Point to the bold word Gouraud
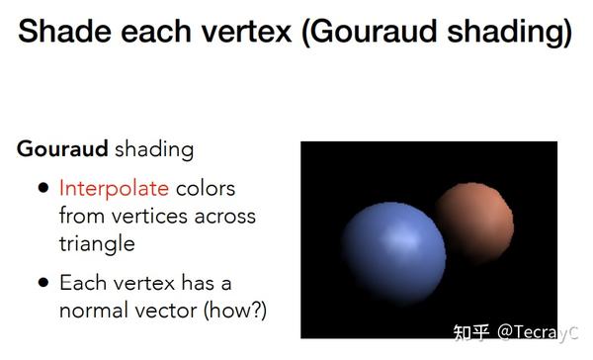click(62, 150)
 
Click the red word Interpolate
click(114, 188)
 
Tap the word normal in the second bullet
click(96, 311)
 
